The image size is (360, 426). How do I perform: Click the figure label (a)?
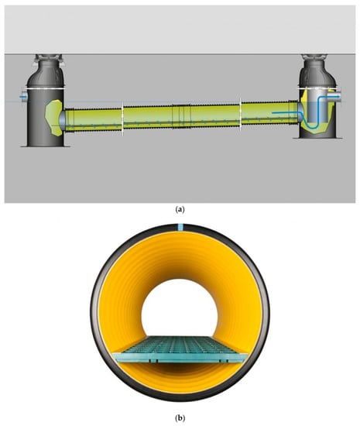180,209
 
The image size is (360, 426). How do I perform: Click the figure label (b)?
180,417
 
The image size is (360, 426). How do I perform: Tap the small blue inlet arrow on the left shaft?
22,97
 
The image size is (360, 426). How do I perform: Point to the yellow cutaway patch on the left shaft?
53,118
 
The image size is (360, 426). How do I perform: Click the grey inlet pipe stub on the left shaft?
24,97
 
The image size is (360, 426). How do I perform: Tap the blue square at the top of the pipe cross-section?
180,227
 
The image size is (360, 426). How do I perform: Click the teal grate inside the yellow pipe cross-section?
180,349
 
